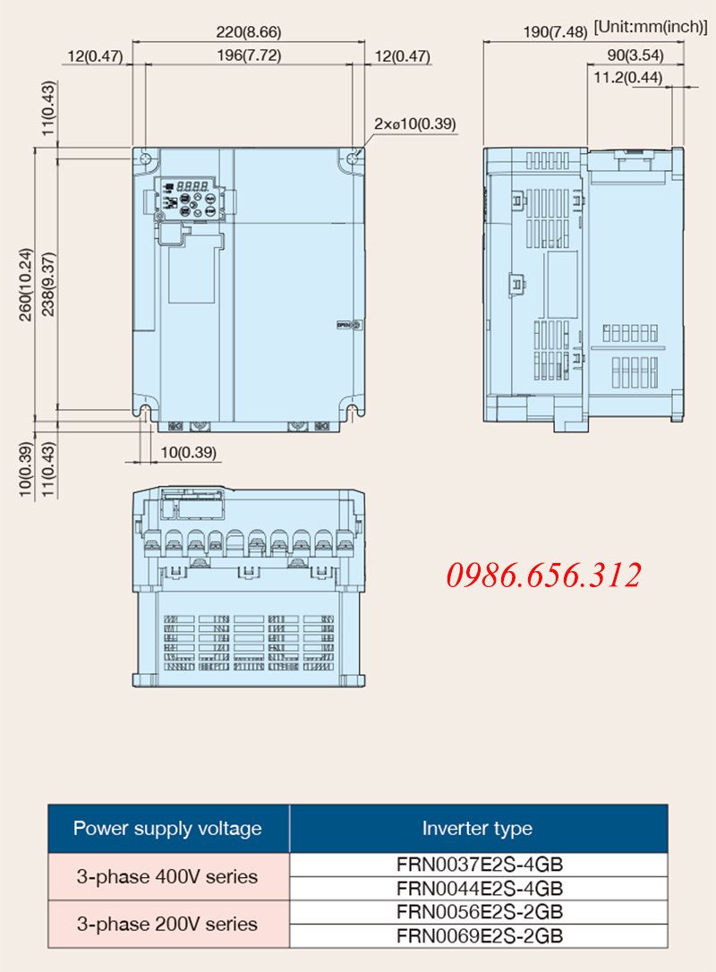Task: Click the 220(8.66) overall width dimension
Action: click(x=249, y=31)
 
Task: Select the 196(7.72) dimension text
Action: click(x=249, y=55)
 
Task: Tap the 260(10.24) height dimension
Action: click(x=25, y=285)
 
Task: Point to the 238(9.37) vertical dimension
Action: click(x=48, y=284)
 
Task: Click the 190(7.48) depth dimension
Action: click(x=555, y=31)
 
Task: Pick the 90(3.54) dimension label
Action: click(x=635, y=55)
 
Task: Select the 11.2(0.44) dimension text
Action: click(x=628, y=78)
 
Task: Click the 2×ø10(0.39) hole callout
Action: click(x=414, y=124)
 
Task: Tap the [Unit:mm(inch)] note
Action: click(x=651, y=27)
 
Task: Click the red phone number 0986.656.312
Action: click(x=543, y=576)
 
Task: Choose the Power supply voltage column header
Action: click(x=168, y=829)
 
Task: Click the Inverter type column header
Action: click(x=477, y=829)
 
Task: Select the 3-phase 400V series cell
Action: click(x=168, y=876)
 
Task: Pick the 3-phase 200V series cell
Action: click(x=168, y=925)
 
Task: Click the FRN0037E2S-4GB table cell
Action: click(x=479, y=865)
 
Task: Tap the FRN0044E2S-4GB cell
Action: click(x=479, y=888)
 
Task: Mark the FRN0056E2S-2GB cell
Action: click(x=479, y=912)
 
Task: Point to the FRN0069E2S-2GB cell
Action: click(x=479, y=935)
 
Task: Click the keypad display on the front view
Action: click(x=192, y=186)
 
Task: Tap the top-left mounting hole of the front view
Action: click(x=145, y=158)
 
